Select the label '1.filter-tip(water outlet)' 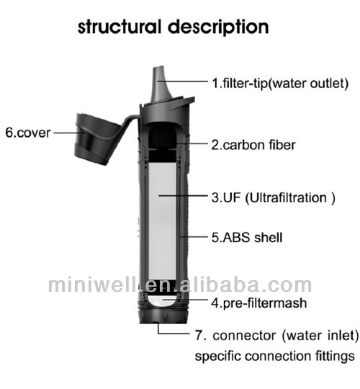click(280, 83)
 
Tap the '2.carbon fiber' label click(253, 145)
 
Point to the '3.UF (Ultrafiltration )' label click(273, 197)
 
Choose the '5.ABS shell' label click(247, 238)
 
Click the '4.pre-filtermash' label click(259, 303)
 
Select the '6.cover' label click(28, 133)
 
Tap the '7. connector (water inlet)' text click(277, 336)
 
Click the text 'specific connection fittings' click(275, 357)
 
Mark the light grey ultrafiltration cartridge click(162, 222)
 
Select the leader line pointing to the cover click(69, 133)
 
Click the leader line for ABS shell click(194, 237)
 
